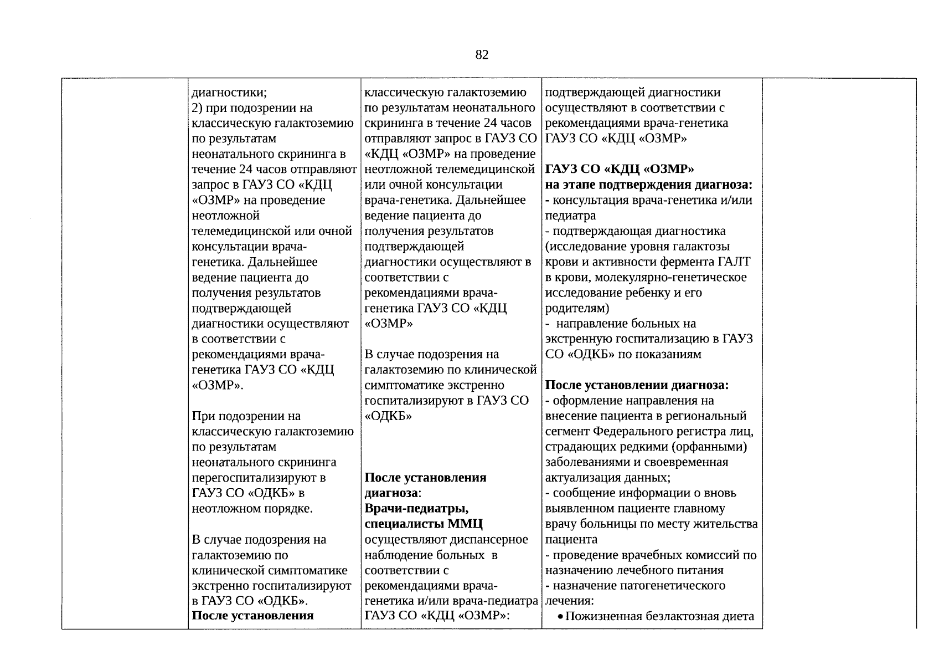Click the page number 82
[482, 55]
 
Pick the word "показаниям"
[667, 355]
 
